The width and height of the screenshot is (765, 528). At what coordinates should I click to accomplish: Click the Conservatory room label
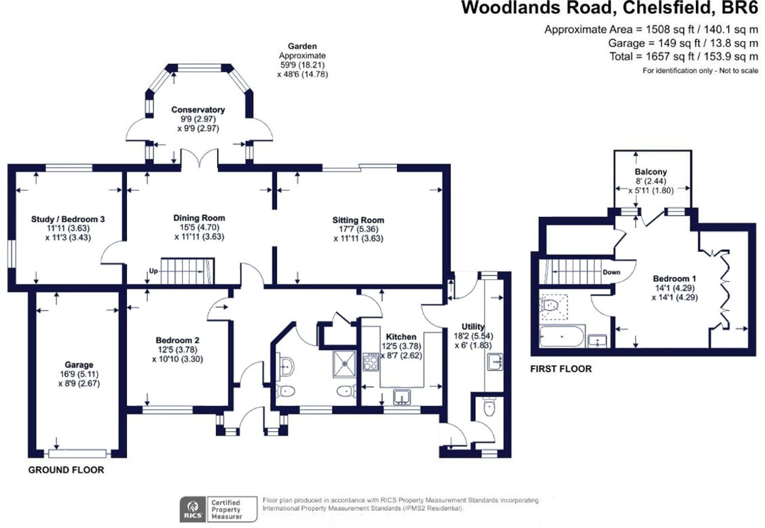coord(198,110)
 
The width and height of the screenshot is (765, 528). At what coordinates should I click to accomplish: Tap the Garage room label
coord(79,365)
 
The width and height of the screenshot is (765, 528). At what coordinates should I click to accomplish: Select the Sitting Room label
coord(358,220)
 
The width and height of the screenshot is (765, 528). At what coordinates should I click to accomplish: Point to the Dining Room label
coord(199,218)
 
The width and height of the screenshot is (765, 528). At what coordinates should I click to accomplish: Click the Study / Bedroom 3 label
coord(68,219)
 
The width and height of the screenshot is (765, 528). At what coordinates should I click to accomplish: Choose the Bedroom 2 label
coord(177,340)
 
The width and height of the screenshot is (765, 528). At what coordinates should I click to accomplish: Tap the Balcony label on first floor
coord(651,172)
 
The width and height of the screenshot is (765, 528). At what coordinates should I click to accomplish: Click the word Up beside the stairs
coord(153,271)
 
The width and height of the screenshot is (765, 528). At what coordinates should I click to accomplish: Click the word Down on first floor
coord(611,272)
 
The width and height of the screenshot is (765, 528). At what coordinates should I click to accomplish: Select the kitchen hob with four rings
coord(370,362)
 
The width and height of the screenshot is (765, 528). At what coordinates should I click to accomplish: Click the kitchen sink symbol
coord(402,396)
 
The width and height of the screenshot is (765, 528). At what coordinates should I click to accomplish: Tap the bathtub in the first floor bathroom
coord(562,336)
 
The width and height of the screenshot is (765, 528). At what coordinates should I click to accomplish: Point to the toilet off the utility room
coord(489,407)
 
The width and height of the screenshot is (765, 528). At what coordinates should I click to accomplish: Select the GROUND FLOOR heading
coord(66,470)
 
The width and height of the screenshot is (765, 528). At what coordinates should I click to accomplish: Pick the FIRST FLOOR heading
coord(560,369)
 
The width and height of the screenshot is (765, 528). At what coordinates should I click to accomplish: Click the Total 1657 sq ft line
coord(683,56)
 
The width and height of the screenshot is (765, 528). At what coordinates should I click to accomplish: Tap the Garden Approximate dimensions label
coord(302,60)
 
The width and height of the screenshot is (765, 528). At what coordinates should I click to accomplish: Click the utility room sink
coord(494,362)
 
